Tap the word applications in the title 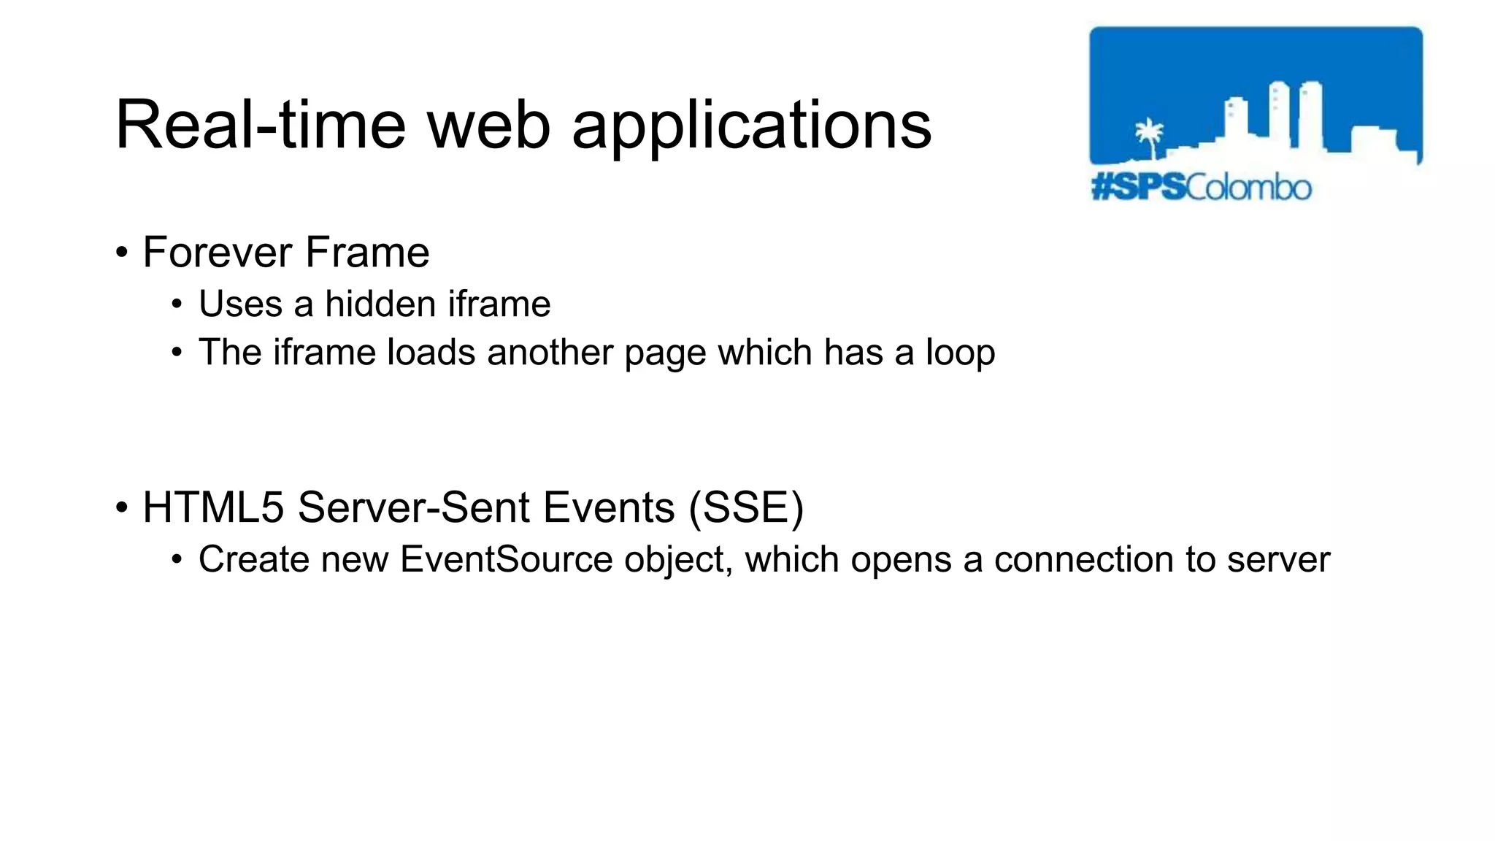click(x=751, y=126)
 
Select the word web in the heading click(x=488, y=126)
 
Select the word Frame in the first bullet click(x=367, y=253)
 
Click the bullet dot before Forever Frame click(x=121, y=253)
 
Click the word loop click(x=960, y=353)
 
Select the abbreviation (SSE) click(x=746, y=507)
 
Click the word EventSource click(x=506, y=560)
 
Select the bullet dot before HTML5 click(x=121, y=508)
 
